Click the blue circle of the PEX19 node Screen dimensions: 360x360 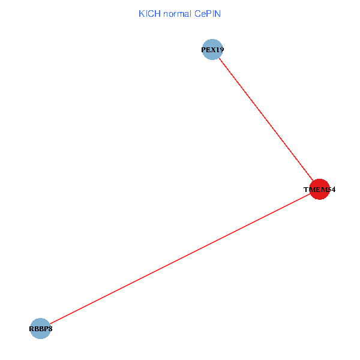point(212,50)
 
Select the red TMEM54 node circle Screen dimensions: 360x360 point(319,190)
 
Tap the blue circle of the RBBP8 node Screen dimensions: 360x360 point(40,328)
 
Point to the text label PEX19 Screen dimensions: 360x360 point(212,50)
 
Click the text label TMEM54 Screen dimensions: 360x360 point(319,190)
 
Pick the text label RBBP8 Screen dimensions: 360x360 point(40,329)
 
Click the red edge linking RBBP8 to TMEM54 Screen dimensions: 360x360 point(180,259)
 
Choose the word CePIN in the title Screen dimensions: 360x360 point(208,13)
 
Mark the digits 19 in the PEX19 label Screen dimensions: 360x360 point(220,50)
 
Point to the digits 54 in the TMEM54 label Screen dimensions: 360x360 point(331,190)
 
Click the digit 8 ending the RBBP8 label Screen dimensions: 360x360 point(49,329)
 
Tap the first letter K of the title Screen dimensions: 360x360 point(141,13)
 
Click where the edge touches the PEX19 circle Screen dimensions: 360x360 point(219,58)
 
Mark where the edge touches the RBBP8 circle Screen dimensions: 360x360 point(50,323)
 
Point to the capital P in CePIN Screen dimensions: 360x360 point(207,13)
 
